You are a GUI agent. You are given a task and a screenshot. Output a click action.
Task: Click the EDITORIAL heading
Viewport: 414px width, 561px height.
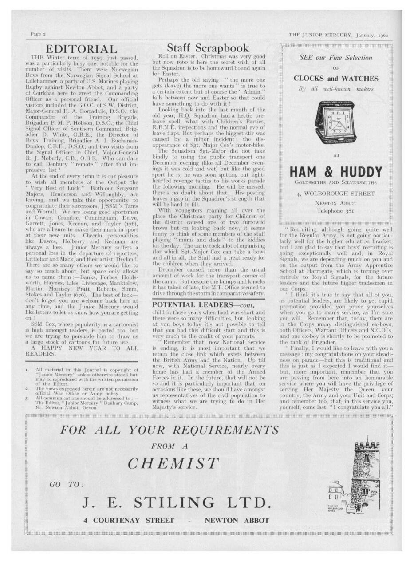coord(82,49)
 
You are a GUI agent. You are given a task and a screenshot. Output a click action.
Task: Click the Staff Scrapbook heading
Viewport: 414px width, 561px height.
coord(208,48)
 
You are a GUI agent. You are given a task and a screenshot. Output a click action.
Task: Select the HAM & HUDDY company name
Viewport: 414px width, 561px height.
coord(335,172)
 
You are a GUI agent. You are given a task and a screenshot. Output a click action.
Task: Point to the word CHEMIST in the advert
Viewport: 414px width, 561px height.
coord(173,463)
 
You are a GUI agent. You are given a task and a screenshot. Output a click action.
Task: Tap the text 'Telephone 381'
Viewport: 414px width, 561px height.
coord(335,211)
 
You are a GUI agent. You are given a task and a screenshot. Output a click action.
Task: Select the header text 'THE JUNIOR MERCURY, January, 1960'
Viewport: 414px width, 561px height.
coord(338,34)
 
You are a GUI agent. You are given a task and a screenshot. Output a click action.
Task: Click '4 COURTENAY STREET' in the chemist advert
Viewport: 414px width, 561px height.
coord(129,521)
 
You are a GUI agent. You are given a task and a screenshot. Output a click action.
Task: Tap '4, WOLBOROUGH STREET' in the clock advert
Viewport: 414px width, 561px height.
coord(335,194)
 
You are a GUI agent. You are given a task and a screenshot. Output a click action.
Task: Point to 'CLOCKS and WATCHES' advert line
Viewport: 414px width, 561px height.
coord(335,79)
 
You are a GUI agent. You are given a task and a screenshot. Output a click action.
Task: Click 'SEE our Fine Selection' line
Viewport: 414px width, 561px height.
coord(335,58)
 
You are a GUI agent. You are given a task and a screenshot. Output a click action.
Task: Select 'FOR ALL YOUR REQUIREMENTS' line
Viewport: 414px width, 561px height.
coord(170,430)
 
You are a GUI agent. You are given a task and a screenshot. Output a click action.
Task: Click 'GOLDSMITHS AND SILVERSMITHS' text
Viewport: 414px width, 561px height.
coord(335,182)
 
